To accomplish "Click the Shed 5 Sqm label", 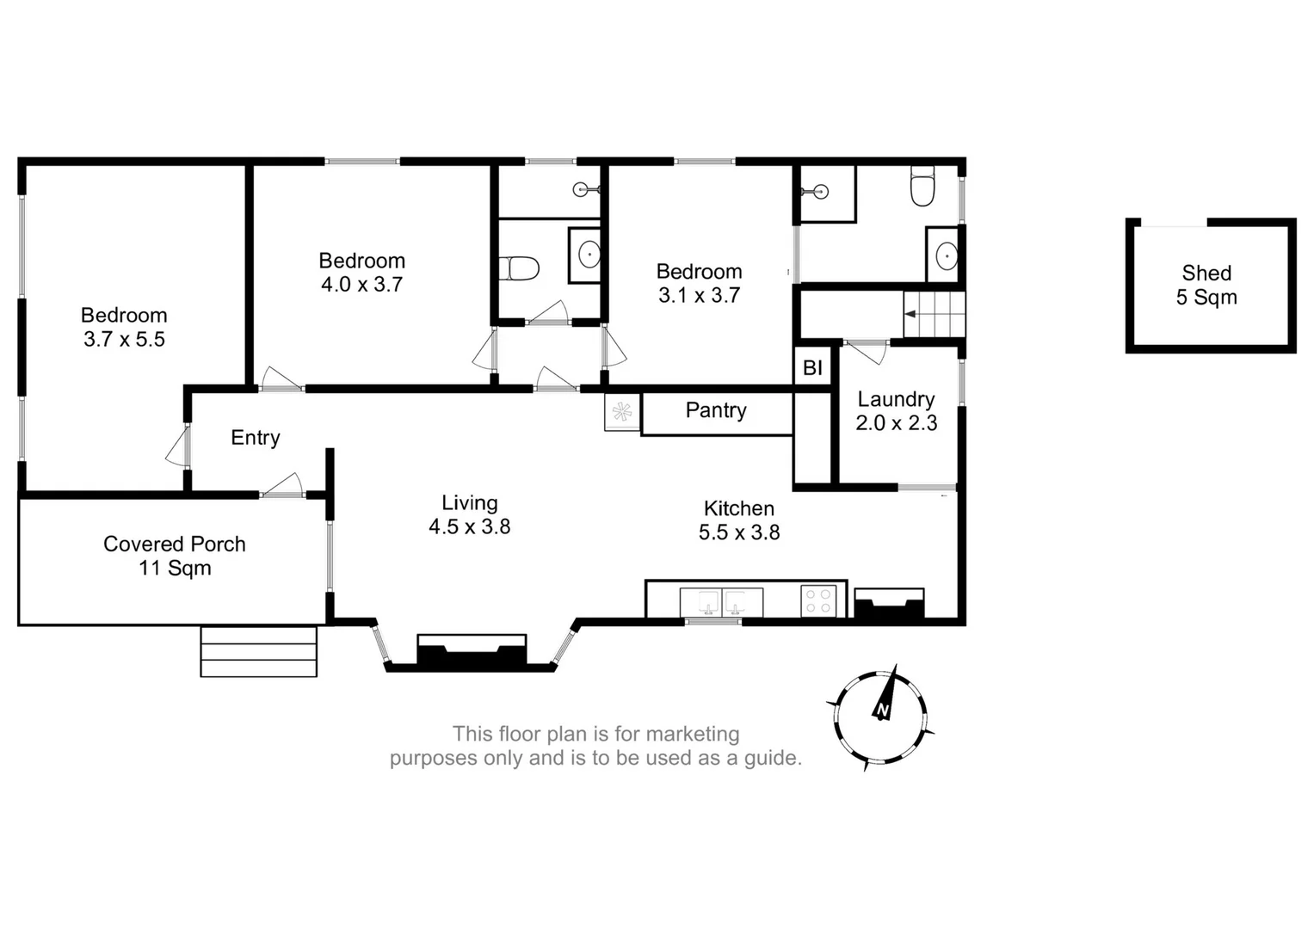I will (1206, 286).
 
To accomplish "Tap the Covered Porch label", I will (175, 555).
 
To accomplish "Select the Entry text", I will (255, 438).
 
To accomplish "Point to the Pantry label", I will (716, 410).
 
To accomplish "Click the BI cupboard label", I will (812, 368).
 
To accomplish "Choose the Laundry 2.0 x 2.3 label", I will (896, 411).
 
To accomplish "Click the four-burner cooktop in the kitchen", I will (817, 601).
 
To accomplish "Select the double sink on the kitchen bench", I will (721, 602).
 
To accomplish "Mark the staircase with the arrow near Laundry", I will (934, 314).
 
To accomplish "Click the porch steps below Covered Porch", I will (258, 651).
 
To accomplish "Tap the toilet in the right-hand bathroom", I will (922, 188).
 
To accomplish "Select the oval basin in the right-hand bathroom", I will (945, 256).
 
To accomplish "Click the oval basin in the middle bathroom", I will (589, 255).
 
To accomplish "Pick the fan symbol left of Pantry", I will (621, 412).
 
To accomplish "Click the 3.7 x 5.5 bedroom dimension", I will (124, 340).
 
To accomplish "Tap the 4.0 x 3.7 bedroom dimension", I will (361, 285).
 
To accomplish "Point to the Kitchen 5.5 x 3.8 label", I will (738, 520).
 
